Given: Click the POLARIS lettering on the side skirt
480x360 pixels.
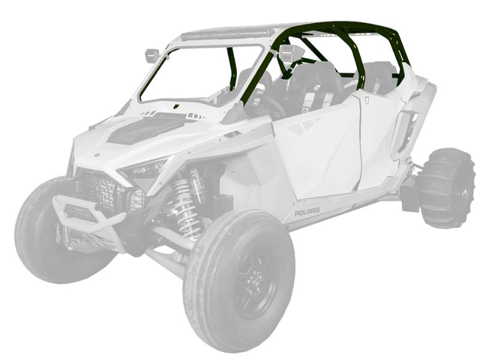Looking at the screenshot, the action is (307, 212).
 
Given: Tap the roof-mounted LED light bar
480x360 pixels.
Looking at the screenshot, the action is (227, 35).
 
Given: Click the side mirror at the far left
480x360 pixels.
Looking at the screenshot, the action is (152, 55).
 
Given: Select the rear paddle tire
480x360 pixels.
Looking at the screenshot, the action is (447, 188).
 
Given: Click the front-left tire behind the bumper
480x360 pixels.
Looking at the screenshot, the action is (52, 230).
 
